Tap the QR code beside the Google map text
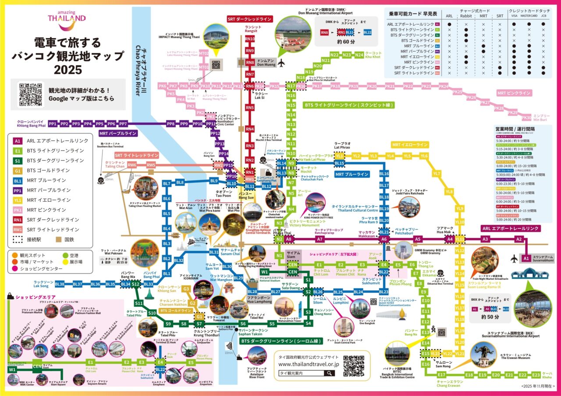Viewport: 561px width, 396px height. click(31, 95)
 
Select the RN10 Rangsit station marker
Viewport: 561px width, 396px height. click(250, 39)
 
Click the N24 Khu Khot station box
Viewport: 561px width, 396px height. click(359, 55)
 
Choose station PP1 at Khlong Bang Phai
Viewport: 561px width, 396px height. click(53, 124)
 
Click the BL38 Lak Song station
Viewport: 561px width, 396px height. click(60, 284)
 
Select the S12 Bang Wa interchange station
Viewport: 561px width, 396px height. click(135, 284)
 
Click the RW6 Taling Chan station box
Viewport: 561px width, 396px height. click(132, 165)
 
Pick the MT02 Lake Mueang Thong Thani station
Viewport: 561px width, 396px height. click(204, 53)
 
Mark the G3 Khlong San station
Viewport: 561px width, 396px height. click(186, 289)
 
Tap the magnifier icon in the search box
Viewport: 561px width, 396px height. click(328, 373)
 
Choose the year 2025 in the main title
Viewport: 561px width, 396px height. click(68, 70)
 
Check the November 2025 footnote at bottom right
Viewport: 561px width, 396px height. click(538, 386)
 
